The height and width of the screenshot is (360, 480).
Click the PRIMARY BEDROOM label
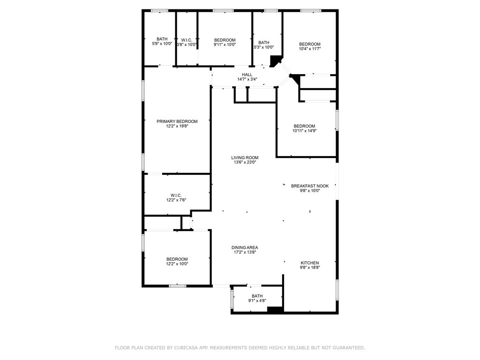[177, 121]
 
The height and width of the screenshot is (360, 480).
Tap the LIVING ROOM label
[245, 157]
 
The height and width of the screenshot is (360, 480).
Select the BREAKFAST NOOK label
[310, 186]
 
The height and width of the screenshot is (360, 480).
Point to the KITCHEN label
[310, 262]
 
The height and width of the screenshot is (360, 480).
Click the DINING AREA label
[245, 247]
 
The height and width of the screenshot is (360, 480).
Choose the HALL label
[247, 75]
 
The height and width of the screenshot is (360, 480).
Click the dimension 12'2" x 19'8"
[177, 126]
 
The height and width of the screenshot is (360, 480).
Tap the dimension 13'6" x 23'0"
[245, 162]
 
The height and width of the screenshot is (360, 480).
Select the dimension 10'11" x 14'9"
[304, 131]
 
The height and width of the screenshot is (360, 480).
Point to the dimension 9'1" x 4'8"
[257, 300]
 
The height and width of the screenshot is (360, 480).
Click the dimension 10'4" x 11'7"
[310, 49]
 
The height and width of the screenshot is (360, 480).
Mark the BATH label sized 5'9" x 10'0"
[162, 39]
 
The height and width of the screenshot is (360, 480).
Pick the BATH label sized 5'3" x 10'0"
[263, 43]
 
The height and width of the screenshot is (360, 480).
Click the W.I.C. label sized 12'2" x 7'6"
[176, 195]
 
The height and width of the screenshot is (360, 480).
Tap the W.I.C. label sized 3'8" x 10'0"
[187, 40]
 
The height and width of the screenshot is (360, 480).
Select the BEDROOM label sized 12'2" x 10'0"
[177, 259]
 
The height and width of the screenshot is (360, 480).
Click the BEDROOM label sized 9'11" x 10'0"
[225, 40]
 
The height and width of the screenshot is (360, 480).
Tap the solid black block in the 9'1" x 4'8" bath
[275, 309]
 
